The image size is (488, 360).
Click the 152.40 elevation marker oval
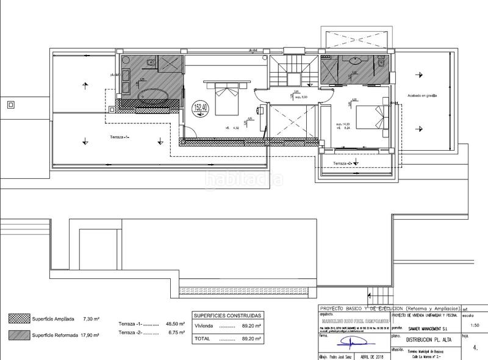tap(199, 110)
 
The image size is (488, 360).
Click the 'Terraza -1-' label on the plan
tap(120, 137)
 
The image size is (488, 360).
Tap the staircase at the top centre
tap(287, 72)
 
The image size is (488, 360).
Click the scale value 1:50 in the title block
tap(475, 326)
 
